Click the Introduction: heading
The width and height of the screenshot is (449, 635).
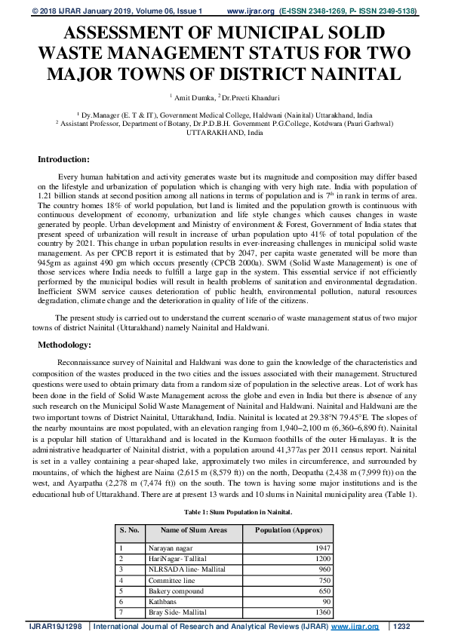63,159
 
